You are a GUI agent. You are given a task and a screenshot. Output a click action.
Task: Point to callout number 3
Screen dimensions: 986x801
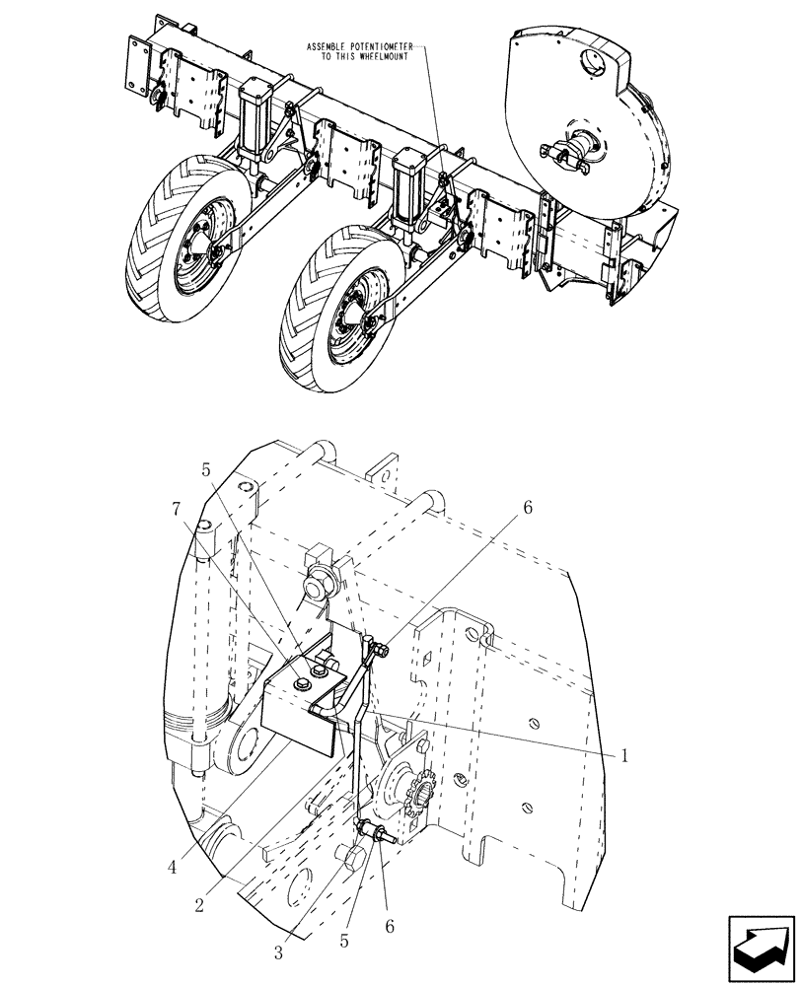coord(278,952)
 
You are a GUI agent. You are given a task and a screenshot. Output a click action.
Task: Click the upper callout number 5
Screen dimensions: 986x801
coord(206,471)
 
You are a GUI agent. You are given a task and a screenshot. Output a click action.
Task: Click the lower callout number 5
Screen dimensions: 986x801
coord(344,941)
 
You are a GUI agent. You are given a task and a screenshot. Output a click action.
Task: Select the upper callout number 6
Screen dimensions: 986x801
coord(527,508)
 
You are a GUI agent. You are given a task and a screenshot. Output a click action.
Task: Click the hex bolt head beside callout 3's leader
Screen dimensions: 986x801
coord(351,860)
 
